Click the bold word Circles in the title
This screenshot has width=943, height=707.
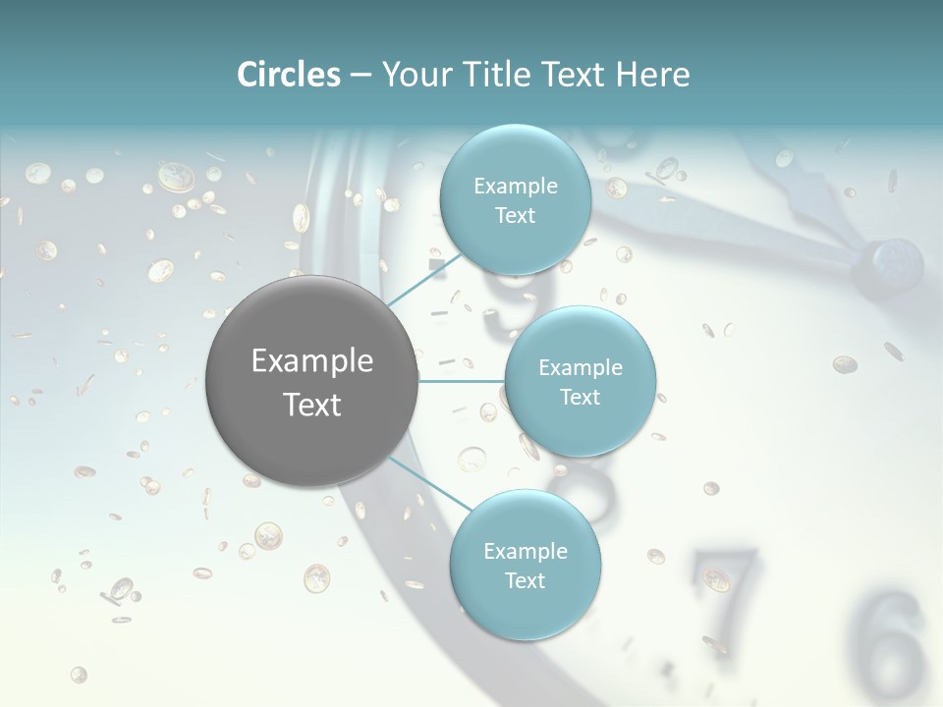pos(289,75)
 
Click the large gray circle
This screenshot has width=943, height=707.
pos(311,381)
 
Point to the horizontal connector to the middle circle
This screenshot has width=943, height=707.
pos(462,381)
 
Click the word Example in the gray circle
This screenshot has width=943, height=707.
pos(311,361)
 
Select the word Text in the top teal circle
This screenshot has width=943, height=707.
pos(515,216)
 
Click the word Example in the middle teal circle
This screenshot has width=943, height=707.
pos(580,368)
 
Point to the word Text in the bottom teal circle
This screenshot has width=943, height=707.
pos(525,580)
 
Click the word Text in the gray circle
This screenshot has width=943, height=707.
pos(311,405)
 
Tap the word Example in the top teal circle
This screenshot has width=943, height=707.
pos(515,187)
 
